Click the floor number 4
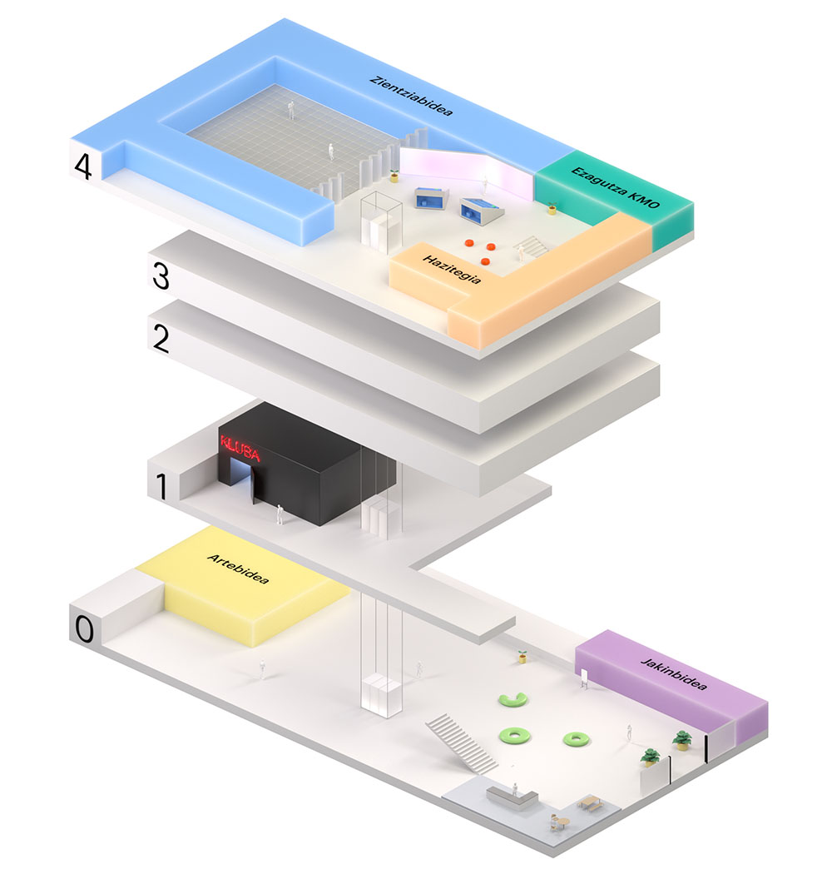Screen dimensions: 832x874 coord(83,166)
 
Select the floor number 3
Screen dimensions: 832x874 coord(161,276)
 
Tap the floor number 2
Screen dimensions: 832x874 coord(161,339)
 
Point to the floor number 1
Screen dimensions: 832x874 coord(161,487)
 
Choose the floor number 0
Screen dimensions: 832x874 coord(85,629)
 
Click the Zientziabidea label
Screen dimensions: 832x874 coord(411,96)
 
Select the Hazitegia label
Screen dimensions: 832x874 coord(452,269)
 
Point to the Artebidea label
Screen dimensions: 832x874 coord(238,569)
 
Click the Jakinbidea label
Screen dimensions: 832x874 coord(674,674)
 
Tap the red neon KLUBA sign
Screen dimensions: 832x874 coord(240,449)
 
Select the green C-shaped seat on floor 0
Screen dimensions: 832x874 coord(513,699)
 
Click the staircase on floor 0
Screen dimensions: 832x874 coord(462,743)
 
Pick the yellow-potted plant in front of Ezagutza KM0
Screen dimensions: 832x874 coord(552,208)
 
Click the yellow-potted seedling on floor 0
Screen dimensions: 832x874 coord(522,657)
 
